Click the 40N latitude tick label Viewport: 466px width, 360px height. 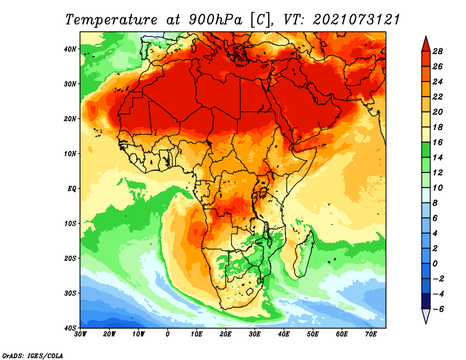point(70,49)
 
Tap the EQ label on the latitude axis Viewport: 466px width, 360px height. point(72,189)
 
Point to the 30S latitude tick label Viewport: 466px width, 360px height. point(70,294)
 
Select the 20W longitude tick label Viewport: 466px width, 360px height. point(109,334)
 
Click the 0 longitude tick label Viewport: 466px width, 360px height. point(168,334)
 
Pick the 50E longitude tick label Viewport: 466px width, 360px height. point(313,334)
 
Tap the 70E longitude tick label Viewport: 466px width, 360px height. point(370,334)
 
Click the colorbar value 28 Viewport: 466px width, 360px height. point(437,51)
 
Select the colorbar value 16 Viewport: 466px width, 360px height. point(437,142)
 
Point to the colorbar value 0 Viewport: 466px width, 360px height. point(435,264)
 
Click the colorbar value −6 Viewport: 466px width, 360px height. point(437,309)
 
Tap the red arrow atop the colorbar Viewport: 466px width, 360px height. point(426,44)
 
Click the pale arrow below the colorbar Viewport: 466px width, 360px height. point(426,316)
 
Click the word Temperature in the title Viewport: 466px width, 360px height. point(111,20)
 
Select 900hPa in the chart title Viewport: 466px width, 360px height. point(216,20)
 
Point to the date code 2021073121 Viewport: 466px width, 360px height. point(356,19)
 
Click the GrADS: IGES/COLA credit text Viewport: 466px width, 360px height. point(33,355)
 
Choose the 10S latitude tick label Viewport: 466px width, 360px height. point(70,224)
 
